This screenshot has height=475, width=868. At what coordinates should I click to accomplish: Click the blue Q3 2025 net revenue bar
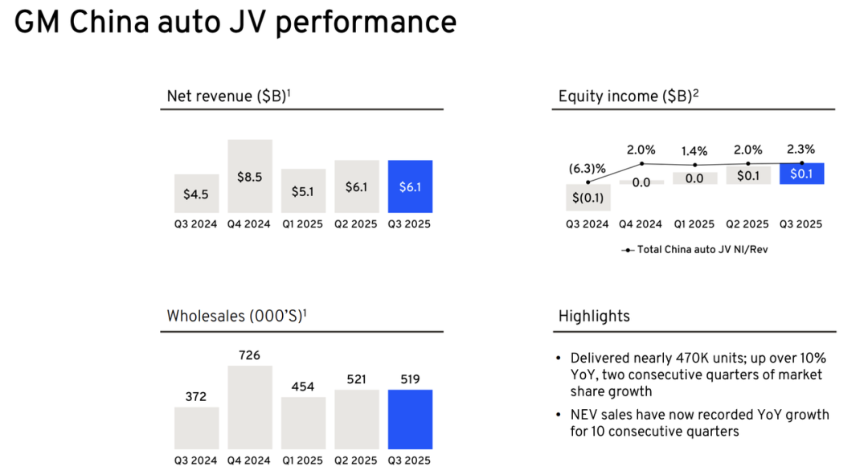click(x=410, y=186)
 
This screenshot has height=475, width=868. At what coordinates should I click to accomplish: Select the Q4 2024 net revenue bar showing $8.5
click(x=249, y=177)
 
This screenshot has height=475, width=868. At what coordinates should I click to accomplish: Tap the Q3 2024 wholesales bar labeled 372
click(x=196, y=428)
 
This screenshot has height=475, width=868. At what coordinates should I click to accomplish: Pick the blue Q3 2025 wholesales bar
click(x=410, y=420)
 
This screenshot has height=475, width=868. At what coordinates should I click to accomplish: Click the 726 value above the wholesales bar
click(x=249, y=354)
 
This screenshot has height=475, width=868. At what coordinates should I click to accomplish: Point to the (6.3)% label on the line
click(x=587, y=169)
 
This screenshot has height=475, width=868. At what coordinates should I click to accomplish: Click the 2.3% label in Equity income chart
click(x=800, y=149)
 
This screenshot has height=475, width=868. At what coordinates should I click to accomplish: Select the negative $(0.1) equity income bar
click(x=588, y=198)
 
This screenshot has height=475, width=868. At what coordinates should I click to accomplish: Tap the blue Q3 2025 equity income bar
click(x=801, y=174)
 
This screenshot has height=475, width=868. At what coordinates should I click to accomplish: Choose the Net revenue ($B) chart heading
click(x=228, y=96)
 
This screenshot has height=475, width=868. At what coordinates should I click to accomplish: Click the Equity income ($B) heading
click(x=628, y=96)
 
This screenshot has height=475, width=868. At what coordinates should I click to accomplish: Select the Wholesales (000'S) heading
click(x=236, y=316)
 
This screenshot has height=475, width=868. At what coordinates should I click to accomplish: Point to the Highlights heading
click(x=594, y=316)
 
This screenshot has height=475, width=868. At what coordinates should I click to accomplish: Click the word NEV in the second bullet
click(x=585, y=415)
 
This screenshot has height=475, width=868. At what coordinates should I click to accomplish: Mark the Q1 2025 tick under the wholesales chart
click(x=302, y=461)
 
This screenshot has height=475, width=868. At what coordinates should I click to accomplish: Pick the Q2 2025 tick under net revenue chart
click(x=356, y=224)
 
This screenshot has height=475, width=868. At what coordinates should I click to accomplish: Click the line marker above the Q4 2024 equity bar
click(x=641, y=163)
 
